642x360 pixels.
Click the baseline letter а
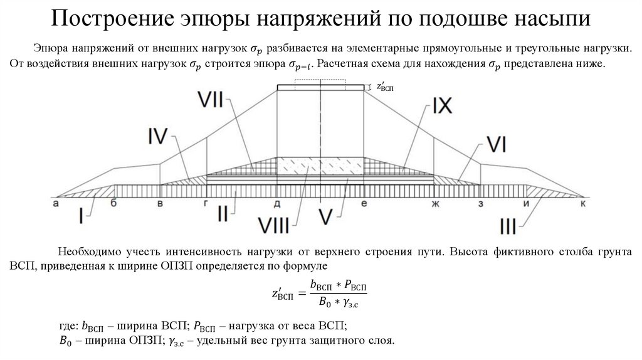[x=56, y=203]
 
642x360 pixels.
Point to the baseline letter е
[x=364, y=203]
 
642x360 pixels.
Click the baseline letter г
[x=206, y=203]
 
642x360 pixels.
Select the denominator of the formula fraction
[x=338, y=304]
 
